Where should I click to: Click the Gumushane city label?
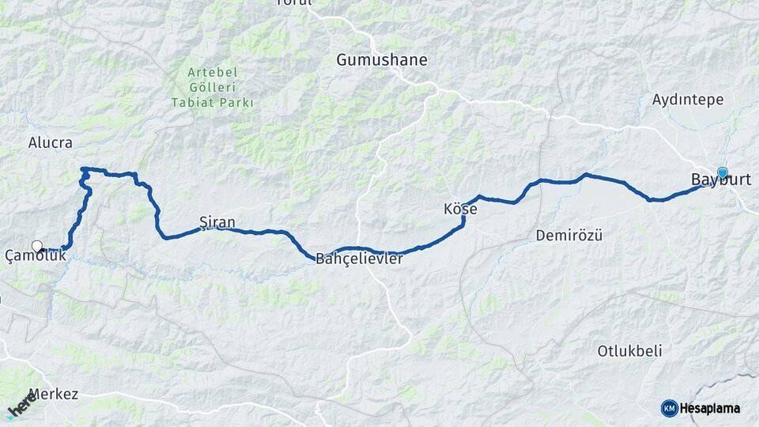click(x=382, y=60)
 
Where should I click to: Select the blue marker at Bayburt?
click(x=722, y=172)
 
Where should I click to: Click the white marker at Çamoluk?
click(x=36, y=246)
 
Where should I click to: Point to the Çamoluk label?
click(x=36, y=255)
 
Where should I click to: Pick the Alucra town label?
click(x=50, y=143)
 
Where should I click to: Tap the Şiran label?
click(x=217, y=222)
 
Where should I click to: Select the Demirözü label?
click(x=569, y=236)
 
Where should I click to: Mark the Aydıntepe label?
click(x=682, y=100)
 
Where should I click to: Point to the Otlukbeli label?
click(x=629, y=351)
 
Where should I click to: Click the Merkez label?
click(x=54, y=394)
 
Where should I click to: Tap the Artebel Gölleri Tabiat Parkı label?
click(x=213, y=87)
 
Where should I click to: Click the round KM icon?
click(x=669, y=408)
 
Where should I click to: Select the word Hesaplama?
click(x=710, y=409)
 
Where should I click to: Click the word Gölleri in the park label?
click(x=213, y=87)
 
